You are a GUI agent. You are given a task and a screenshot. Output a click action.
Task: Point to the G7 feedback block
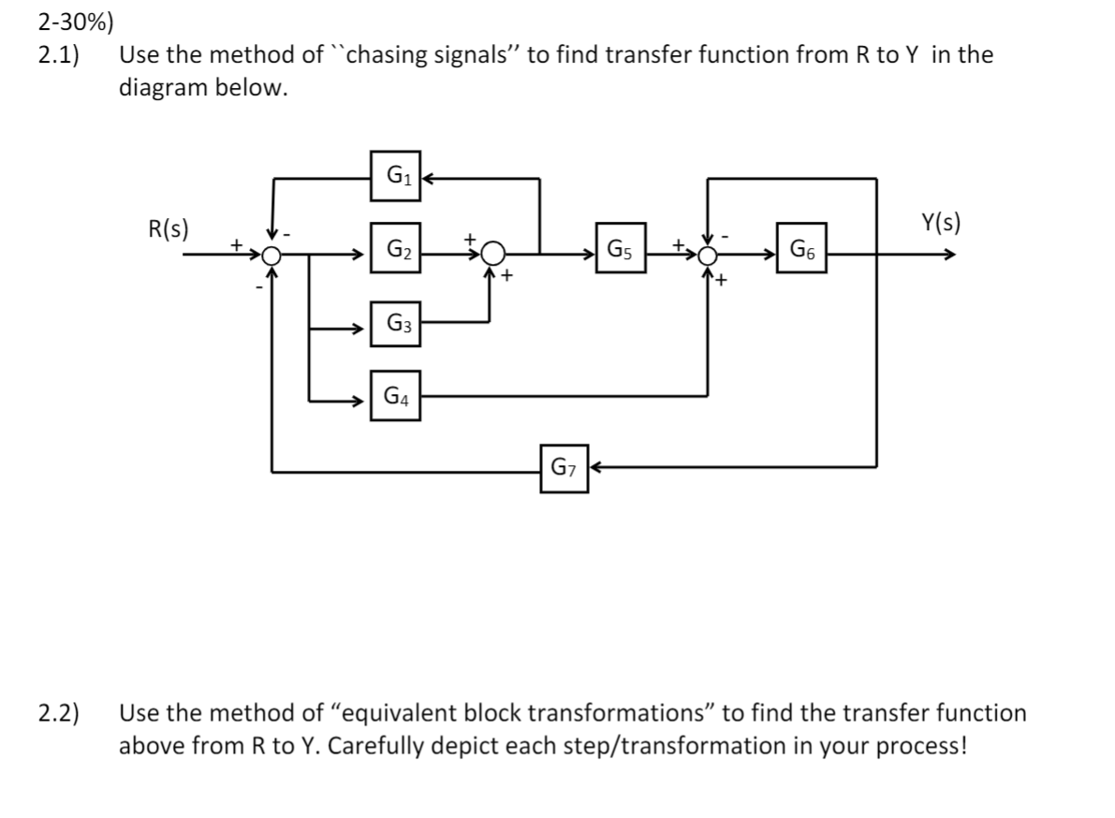pos(565,468)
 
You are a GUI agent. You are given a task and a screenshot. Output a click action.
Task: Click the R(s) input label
pos(169,227)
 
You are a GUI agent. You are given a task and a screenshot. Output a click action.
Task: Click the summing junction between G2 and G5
pos(493,254)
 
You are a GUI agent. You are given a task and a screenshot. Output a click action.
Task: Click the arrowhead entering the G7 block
pos(595,468)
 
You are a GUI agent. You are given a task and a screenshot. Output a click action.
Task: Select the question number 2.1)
pos(58,55)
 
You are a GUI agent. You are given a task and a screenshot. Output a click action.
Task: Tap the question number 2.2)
pos(58,714)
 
